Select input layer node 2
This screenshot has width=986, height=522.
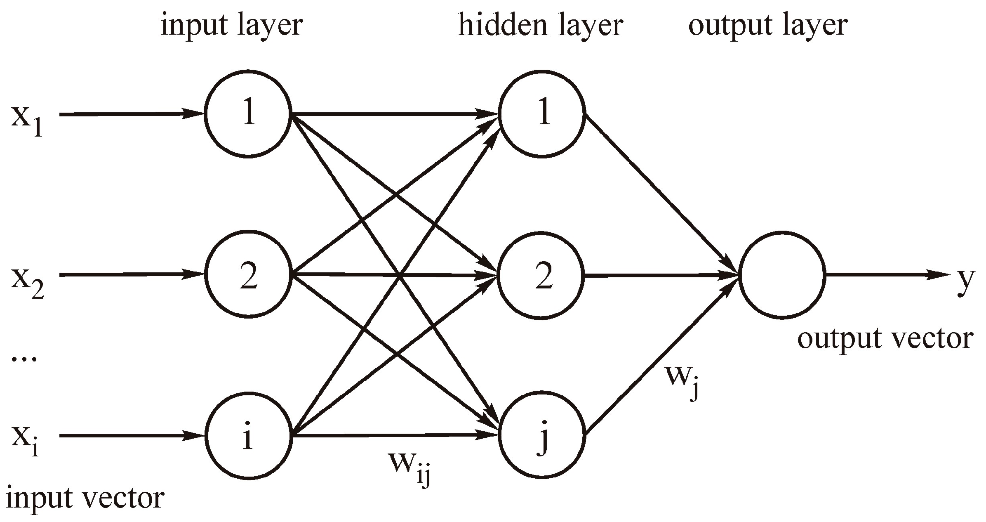click(x=248, y=274)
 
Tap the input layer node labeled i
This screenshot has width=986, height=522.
click(x=248, y=435)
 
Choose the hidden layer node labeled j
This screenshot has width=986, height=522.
click(x=542, y=435)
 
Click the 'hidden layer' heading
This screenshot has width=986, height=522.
click(x=540, y=26)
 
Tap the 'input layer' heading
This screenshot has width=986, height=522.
click(x=232, y=26)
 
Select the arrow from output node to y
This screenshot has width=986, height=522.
click(x=887, y=275)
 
